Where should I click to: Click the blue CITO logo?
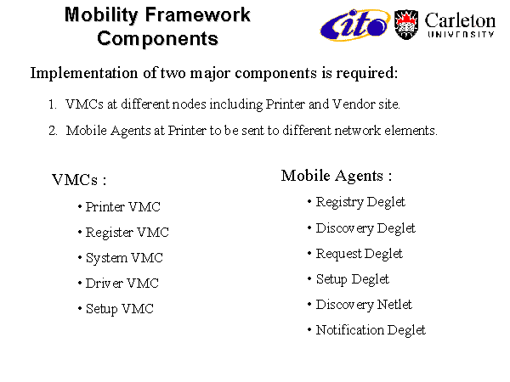[x=355, y=25]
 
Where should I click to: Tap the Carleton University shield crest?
[x=406, y=25]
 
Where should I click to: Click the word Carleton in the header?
[x=460, y=20]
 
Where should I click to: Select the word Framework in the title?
[x=198, y=15]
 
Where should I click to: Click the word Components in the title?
[x=158, y=39]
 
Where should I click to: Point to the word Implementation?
[x=84, y=73]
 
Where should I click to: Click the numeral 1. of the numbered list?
[x=53, y=104]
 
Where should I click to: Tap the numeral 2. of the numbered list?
[x=54, y=131]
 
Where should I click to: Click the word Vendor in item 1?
[x=354, y=104]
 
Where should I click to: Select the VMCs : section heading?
[x=79, y=180]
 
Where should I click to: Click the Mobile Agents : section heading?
[x=337, y=176]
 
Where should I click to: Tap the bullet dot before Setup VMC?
[x=80, y=308]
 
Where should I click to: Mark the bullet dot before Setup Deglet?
[x=309, y=278]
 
